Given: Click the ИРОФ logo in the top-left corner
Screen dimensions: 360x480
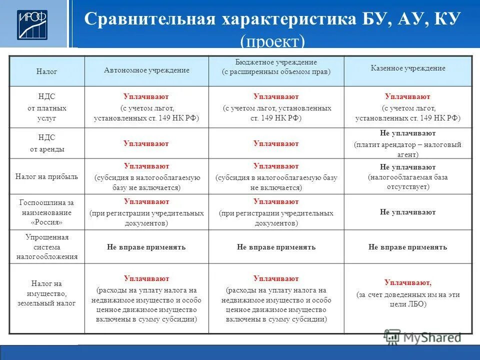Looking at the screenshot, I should click(33, 24).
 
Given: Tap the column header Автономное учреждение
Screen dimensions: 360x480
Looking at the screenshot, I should click(146, 70).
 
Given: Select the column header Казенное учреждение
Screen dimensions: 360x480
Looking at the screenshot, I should click(407, 68).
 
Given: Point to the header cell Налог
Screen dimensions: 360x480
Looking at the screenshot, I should click(46, 72).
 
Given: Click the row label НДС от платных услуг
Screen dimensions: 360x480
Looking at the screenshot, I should click(46, 107).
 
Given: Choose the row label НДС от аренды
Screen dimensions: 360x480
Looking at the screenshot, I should click(46, 143).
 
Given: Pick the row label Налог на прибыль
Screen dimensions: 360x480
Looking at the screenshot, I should click(46, 176).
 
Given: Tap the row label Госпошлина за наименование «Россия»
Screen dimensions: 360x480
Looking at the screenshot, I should click(46, 212).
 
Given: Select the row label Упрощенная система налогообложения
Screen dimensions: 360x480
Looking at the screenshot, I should click(46, 247).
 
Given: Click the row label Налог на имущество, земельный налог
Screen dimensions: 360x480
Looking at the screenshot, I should click(46, 293).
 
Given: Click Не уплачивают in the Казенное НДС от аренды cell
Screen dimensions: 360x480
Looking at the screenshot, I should click(407, 133).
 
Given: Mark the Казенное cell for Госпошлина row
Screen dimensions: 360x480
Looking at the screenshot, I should click(407, 212).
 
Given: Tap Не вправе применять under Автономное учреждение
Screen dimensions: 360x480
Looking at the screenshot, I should click(146, 247).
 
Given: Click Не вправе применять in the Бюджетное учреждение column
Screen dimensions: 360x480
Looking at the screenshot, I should click(276, 247).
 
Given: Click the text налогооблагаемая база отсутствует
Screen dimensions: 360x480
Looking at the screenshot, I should click(407, 182).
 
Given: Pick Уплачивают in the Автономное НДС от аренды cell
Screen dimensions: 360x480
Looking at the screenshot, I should click(146, 144).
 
